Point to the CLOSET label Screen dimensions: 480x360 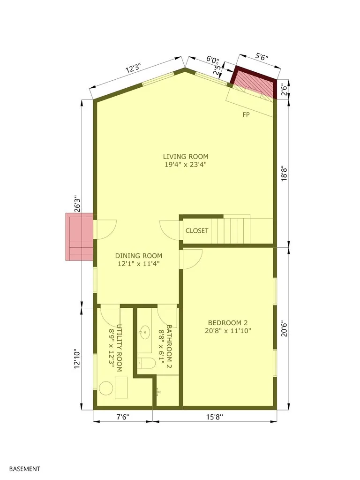pos(197,231)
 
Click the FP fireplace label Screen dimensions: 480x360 pos(246,114)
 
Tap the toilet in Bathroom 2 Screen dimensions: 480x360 pos(146,363)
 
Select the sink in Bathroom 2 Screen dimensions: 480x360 pos(144,333)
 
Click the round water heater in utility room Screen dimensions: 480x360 pos(106,388)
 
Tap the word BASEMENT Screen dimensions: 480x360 pos(24,469)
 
